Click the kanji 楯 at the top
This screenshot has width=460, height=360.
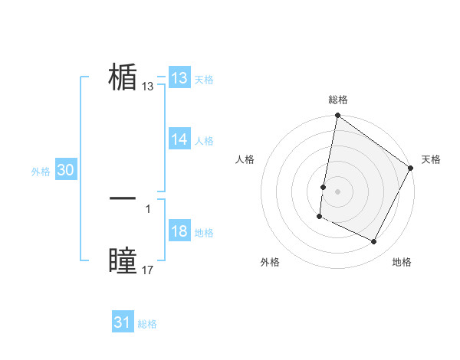[x=123, y=77]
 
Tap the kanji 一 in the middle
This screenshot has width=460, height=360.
[x=123, y=198]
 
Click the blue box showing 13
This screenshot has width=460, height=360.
[x=179, y=78]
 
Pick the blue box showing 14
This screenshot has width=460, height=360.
[x=179, y=139]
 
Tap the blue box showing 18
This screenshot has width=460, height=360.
[x=179, y=231]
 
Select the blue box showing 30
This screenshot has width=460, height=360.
[x=65, y=171]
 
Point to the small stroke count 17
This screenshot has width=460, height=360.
[x=148, y=270]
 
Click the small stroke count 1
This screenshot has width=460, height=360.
[x=147, y=208]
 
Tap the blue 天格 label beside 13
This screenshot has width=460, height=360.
[x=204, y=80]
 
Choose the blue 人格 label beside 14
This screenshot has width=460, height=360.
[x=204, y=141]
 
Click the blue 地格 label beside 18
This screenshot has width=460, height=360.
[x=204, y=233]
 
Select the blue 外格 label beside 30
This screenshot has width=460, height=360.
[x=41, y=172]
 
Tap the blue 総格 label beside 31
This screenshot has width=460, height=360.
[x=147, y=324]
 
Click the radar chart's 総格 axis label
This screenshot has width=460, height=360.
[x=338, y=100]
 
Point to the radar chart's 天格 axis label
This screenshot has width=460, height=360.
[x=431, y=159]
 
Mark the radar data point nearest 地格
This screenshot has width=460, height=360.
[x=374, y=242]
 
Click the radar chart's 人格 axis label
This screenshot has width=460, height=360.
[x=245, y=159]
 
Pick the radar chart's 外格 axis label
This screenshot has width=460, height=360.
[x=270, y=262]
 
